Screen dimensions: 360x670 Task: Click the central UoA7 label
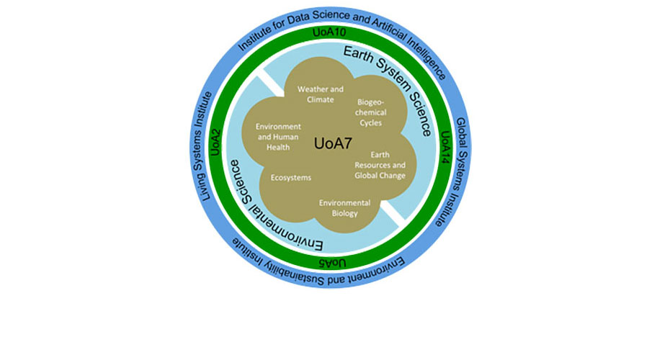click(335, 143)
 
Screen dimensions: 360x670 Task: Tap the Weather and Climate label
click(321, 94)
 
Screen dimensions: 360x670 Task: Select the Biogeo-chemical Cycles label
click(372, 112)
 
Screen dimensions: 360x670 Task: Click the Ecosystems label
click(290, 176)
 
